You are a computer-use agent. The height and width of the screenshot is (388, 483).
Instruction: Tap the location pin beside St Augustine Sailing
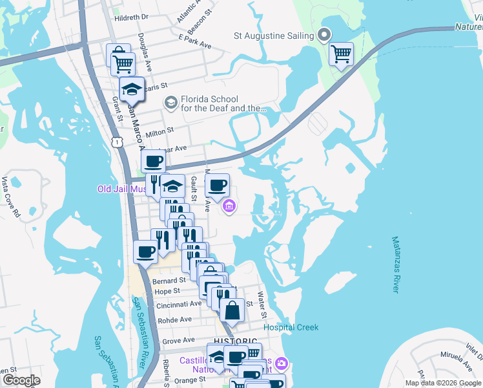(325, 36)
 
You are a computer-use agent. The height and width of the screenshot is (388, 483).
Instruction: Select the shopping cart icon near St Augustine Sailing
(341, 54)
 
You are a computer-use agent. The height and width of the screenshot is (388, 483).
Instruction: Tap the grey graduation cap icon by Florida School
(170, 102)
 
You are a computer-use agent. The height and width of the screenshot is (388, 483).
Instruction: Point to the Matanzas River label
(395, 264)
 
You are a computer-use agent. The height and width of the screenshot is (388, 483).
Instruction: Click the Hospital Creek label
(291, 327)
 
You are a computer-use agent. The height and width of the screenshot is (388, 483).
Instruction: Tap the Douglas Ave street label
(145, 52)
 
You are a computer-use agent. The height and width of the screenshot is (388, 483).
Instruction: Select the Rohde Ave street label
(174, 319)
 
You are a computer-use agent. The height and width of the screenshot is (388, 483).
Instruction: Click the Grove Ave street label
(178, 340)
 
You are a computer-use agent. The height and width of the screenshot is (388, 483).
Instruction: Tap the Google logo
(21, 380)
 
